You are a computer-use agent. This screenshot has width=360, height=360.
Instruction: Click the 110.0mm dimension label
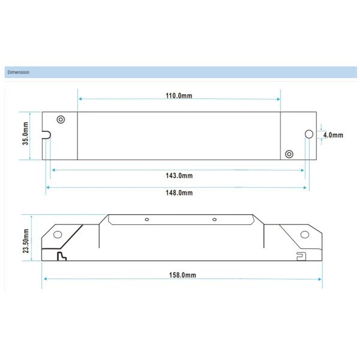pyautogui.click(x=179, y=95)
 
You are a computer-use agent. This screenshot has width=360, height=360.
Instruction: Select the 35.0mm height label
pyautogui.click(x=25, y=134)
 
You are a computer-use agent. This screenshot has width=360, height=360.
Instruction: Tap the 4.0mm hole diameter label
pyautogui.click(x=333, y=135)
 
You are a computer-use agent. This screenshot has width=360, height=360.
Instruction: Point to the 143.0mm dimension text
pyautogui.click(x=179, y=176)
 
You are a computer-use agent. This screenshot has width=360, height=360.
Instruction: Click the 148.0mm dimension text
pyautogui.click(x=179, y=193)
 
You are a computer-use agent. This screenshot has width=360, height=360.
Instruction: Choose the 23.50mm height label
pyautogui.click(x=26, y=241)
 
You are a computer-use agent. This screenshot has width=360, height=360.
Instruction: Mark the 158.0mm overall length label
pyautogui.click(x=182, y=275)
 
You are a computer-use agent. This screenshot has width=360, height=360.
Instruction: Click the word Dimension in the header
pyautogui.click(x=19, y=72)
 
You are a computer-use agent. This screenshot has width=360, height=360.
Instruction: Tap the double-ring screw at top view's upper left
pyautogui.click(x=61, y=119)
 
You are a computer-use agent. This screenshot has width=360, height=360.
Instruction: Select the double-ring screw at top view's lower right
pyautogui.click(x=289, y=154)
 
